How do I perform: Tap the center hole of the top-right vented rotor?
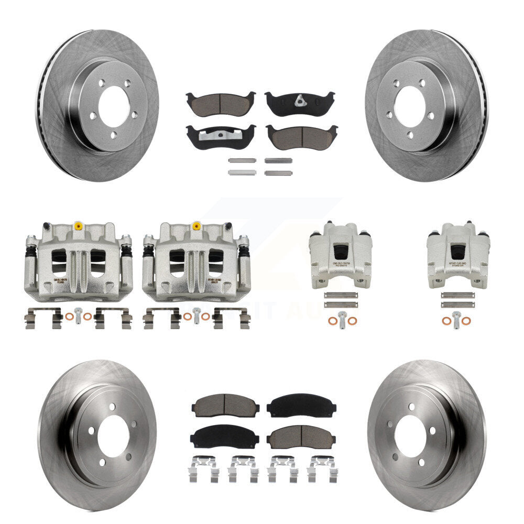[x=409, y=104]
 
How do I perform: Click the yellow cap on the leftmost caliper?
[x=78, y=227]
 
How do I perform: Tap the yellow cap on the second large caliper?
[x=196, y=226]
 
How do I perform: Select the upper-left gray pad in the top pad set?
[x=220, y=101]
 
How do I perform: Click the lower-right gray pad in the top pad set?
[x=301, y=136]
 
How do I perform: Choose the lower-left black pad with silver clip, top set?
[x=220, y=136]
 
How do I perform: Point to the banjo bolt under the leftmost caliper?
[x=79, y=314]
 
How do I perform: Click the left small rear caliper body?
[x=340, y=255]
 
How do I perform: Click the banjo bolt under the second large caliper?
[x=196, y=314]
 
